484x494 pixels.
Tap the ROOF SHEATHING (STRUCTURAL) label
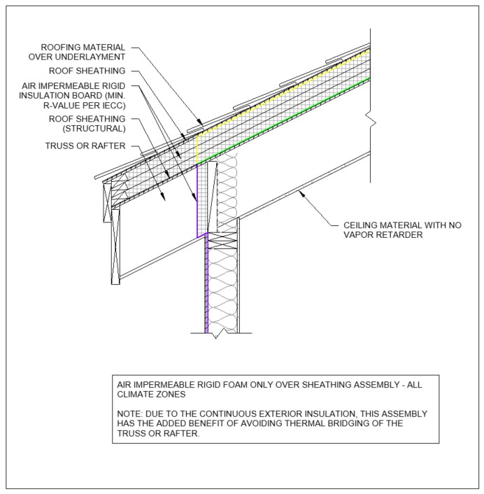click(x=86, y=124)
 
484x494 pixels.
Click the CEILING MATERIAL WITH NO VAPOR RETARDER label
click(x=401, y=230)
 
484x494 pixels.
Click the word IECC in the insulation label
click(x=115, y=105)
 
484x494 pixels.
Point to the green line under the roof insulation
click(x=280, y=119)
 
